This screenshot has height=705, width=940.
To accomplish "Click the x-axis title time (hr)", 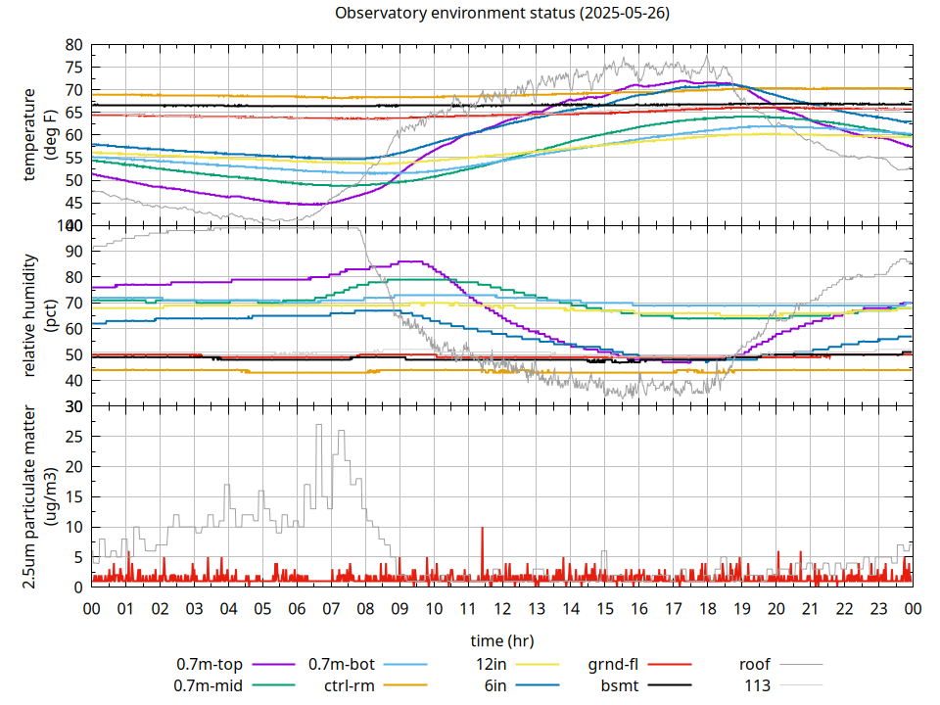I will (501, 640).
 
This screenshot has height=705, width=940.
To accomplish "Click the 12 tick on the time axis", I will (502, 608).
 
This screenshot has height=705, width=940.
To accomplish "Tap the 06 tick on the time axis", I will (297, 608).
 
